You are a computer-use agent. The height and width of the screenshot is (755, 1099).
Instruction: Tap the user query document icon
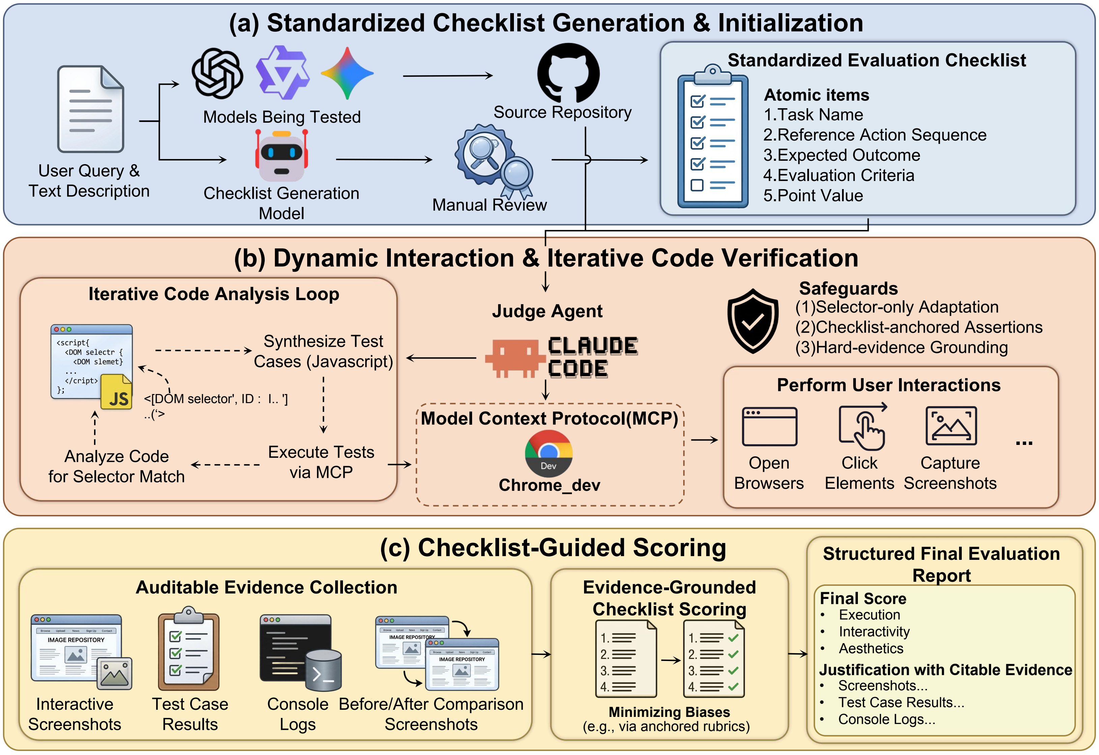point(90,109)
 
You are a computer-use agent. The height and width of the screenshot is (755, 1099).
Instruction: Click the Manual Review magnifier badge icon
point(492,161)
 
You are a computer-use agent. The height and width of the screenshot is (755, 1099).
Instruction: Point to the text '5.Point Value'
point(813,196)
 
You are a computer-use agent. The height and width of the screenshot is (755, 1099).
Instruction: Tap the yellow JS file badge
point(116,393)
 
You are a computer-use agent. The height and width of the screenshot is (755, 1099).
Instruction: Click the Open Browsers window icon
point(769,426)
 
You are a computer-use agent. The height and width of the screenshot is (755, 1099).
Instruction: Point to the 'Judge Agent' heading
point(547,311)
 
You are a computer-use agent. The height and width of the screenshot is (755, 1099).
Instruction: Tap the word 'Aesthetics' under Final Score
point(870,648)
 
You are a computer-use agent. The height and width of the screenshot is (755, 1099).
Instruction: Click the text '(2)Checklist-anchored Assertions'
point(918,327)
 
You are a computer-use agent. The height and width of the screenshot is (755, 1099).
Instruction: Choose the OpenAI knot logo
point(217,73)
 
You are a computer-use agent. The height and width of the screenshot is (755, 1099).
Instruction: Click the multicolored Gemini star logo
point(347,73)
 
